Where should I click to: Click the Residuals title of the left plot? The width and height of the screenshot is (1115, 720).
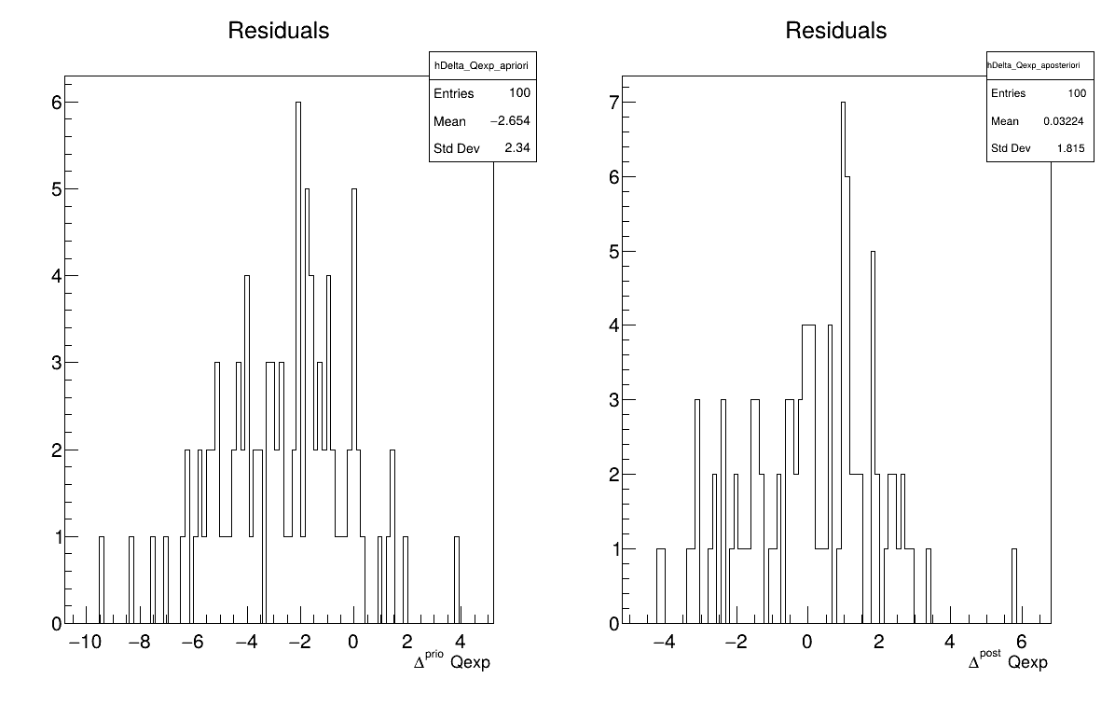pos(278,31)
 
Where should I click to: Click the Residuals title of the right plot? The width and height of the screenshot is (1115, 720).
pos(835,31)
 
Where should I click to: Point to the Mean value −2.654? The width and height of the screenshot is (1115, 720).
pos(510,121)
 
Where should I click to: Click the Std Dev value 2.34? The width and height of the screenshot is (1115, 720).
pos(517,148)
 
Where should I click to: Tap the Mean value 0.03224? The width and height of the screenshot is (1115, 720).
pos(1065,121)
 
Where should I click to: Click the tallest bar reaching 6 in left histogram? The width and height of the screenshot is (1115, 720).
pos(298,364)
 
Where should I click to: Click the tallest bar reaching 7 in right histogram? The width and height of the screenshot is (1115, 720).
pos(843,364)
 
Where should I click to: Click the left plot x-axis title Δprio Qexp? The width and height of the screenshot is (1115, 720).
pos(451,662)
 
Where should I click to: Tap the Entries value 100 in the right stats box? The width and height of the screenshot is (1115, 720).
pos(1077,93)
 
